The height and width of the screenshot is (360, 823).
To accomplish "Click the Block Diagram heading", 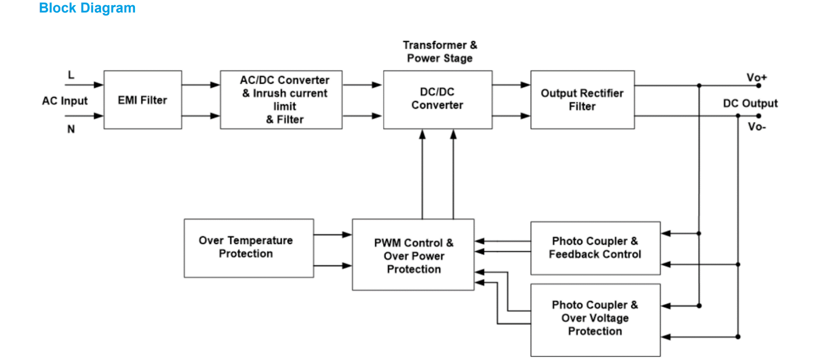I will [87, 8].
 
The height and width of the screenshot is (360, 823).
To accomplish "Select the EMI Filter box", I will [143, 100].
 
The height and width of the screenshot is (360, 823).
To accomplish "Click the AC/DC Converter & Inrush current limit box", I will [281, 100].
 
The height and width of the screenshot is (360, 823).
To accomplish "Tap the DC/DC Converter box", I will [438, 99].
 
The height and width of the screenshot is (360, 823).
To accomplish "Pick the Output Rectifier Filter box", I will [582, 100].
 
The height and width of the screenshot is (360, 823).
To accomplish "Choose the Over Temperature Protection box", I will [248, 247].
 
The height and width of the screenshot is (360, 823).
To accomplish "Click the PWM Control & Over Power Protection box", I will [413, 255].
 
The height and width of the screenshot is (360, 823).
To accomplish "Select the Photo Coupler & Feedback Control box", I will [595, 248].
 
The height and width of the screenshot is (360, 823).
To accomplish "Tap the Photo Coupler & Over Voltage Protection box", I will [595, 319].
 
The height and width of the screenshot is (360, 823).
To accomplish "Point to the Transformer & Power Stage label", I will [440, 52].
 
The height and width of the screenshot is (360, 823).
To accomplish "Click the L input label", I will [71, 75].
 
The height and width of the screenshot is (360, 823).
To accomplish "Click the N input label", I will [71, 129].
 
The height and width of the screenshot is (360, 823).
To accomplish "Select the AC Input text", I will [65, 101].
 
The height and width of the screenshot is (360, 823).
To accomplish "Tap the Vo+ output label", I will [756, 77].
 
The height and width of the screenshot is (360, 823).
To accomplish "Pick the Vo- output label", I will [756, 127].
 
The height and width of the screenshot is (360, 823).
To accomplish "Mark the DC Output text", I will [750, 103].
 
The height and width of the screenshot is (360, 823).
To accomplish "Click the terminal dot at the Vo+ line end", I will [758, 85].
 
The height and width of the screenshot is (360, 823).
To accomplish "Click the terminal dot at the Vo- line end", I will [758, 116].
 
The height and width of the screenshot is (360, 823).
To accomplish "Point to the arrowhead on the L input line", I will [98, 84].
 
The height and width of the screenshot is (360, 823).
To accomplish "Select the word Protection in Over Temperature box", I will [245, 254].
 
